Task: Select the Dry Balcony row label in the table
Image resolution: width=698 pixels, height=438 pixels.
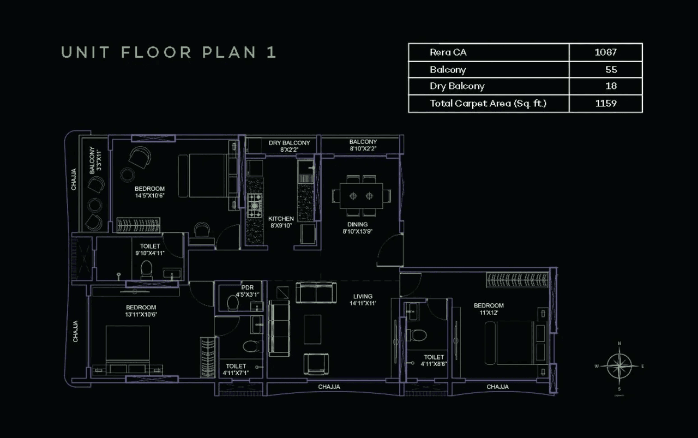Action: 456,86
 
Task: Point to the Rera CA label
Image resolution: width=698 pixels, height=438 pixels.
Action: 448,52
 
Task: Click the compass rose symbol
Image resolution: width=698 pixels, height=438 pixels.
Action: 619,366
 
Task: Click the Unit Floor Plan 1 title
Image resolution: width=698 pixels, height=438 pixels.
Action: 169,52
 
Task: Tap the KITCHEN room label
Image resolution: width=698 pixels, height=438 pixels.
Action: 281,219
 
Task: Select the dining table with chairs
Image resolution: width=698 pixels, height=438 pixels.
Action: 362,195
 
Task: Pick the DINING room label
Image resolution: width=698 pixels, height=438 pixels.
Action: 357,224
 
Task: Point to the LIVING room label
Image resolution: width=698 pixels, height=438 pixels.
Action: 363,297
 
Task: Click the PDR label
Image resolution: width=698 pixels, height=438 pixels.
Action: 247,287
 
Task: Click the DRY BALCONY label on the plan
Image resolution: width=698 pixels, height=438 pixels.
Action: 289,143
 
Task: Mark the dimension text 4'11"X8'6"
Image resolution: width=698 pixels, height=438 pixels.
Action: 434,364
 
